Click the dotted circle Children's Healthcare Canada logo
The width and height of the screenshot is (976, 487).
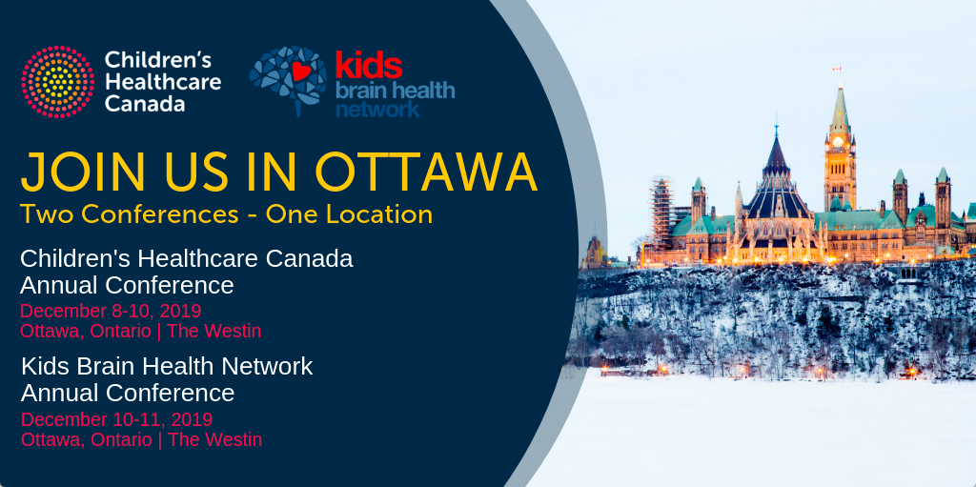[58, 82]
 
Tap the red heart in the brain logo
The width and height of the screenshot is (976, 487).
[301, 71]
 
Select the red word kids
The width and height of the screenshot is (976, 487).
[369, 65]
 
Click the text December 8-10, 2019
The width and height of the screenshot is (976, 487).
[111, 311]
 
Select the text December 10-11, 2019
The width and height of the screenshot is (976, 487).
[117, 419]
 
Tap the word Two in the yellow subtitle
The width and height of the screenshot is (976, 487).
[48, 214]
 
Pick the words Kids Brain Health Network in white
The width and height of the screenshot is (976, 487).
[167, 366]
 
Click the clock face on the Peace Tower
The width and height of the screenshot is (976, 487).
[838, 142]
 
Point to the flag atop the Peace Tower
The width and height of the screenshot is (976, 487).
[837, 69]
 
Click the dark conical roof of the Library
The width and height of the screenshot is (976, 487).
[776, 159]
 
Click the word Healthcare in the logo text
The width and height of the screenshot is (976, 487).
[162, 82]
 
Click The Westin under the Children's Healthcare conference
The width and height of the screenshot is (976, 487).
[214, 332]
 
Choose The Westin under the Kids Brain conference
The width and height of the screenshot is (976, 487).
[214, 439]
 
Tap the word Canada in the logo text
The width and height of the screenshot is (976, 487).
[145, 103]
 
